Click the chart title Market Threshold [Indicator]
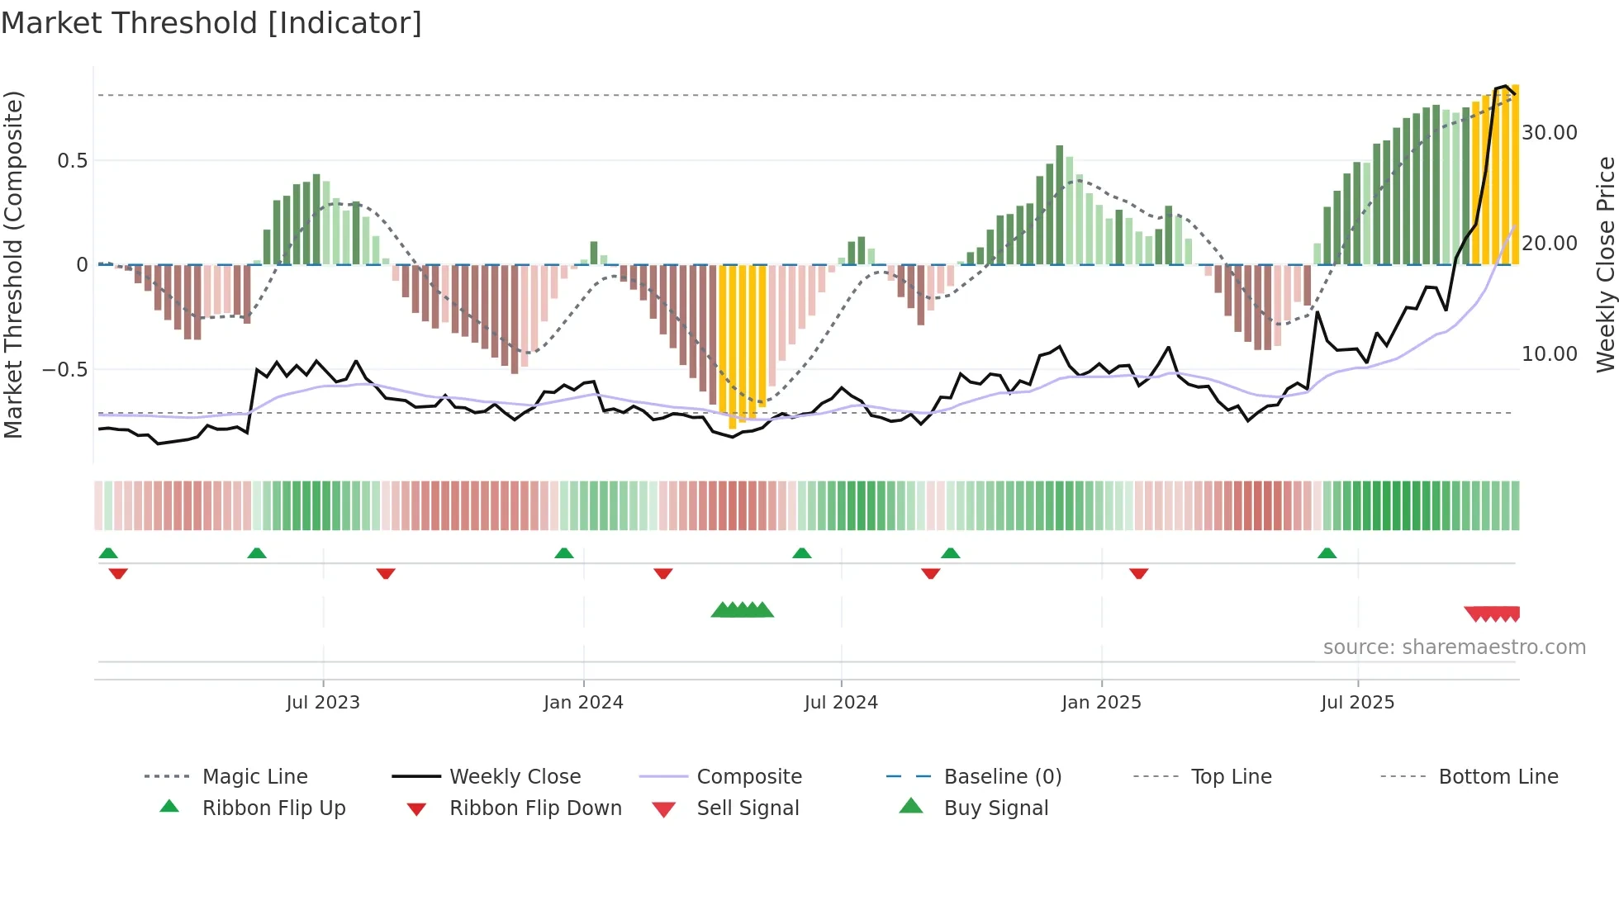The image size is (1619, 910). (x=211, y=23)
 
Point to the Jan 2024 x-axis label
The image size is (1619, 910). (x=583, y=702)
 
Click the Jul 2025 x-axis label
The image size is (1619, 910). (x=1357, y=702)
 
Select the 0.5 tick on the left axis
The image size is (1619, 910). (x=72, y=160)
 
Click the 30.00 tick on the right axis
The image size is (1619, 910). (x=1549, y=133)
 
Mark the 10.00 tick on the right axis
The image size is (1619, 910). (x=1549, y=354)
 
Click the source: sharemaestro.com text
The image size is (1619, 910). (x=1454, y=647)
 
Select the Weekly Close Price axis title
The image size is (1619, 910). (x=1604, y=264)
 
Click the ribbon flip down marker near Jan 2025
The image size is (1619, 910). (x=1138, y=573)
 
